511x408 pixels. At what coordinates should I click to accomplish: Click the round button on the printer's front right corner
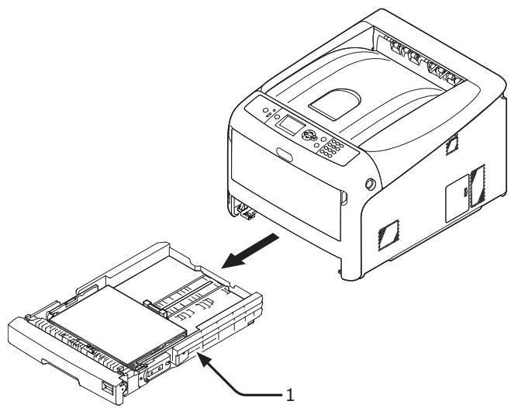(x=369, y=183)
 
